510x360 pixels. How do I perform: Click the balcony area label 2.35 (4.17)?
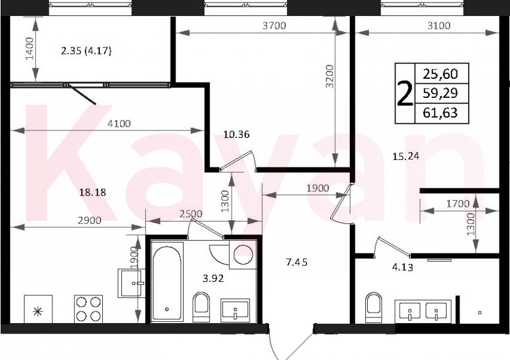(x=86, y=51)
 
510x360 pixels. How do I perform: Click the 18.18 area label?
(x=93, y=192)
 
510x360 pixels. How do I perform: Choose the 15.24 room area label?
(x=405, y=156)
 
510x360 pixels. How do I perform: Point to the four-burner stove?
(x=88, y=308)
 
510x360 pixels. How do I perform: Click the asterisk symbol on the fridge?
(x=38, y=311)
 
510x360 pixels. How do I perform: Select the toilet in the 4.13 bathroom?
(x=374, y=306)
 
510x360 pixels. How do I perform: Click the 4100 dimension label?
(x=119, y=123)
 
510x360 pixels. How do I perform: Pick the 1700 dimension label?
(x=458, y=203)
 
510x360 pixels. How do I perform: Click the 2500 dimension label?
(x=190, y=214)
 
